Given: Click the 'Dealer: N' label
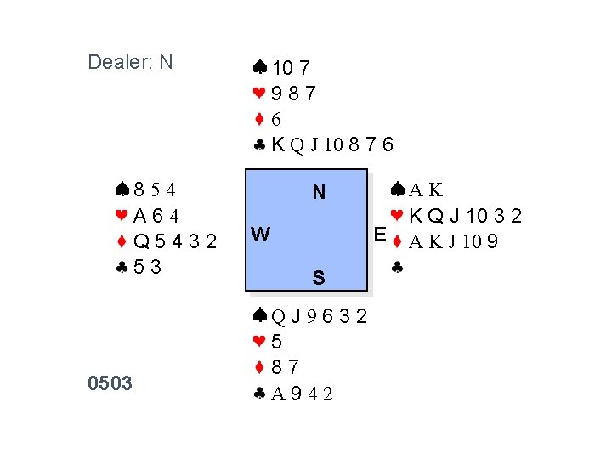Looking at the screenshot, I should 130,62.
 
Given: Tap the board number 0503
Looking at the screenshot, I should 110,383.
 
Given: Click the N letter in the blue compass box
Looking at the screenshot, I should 319,193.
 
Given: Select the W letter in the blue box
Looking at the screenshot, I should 261,234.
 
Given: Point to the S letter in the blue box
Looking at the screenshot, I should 318,277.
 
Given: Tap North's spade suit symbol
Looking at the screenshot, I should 260,67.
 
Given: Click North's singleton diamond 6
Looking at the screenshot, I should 277,120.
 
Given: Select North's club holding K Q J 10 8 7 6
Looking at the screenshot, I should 333,145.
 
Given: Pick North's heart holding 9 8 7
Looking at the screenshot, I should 294,93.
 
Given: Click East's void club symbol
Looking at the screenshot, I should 397,268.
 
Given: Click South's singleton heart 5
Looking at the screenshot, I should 277,343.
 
